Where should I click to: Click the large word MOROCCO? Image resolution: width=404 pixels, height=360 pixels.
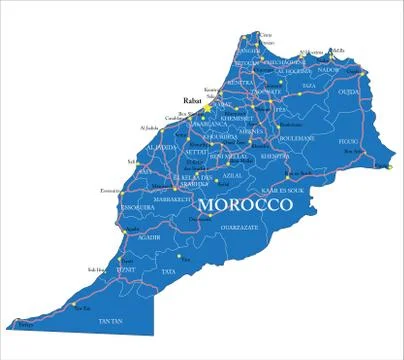point(245,205)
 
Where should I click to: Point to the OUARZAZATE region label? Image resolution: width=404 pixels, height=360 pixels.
point(245,227)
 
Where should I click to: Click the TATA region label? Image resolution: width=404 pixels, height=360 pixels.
point(168,271)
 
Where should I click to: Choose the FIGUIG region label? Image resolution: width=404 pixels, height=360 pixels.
point(349,141)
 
